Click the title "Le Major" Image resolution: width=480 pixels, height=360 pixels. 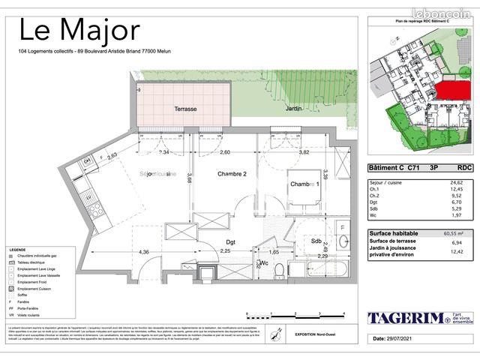tap(79, 31)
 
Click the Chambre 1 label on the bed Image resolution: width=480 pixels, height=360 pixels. tap(305, 184)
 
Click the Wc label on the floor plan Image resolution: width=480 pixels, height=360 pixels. tap(264, 263)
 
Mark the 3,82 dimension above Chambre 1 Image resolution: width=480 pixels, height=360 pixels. tap(304, 152)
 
